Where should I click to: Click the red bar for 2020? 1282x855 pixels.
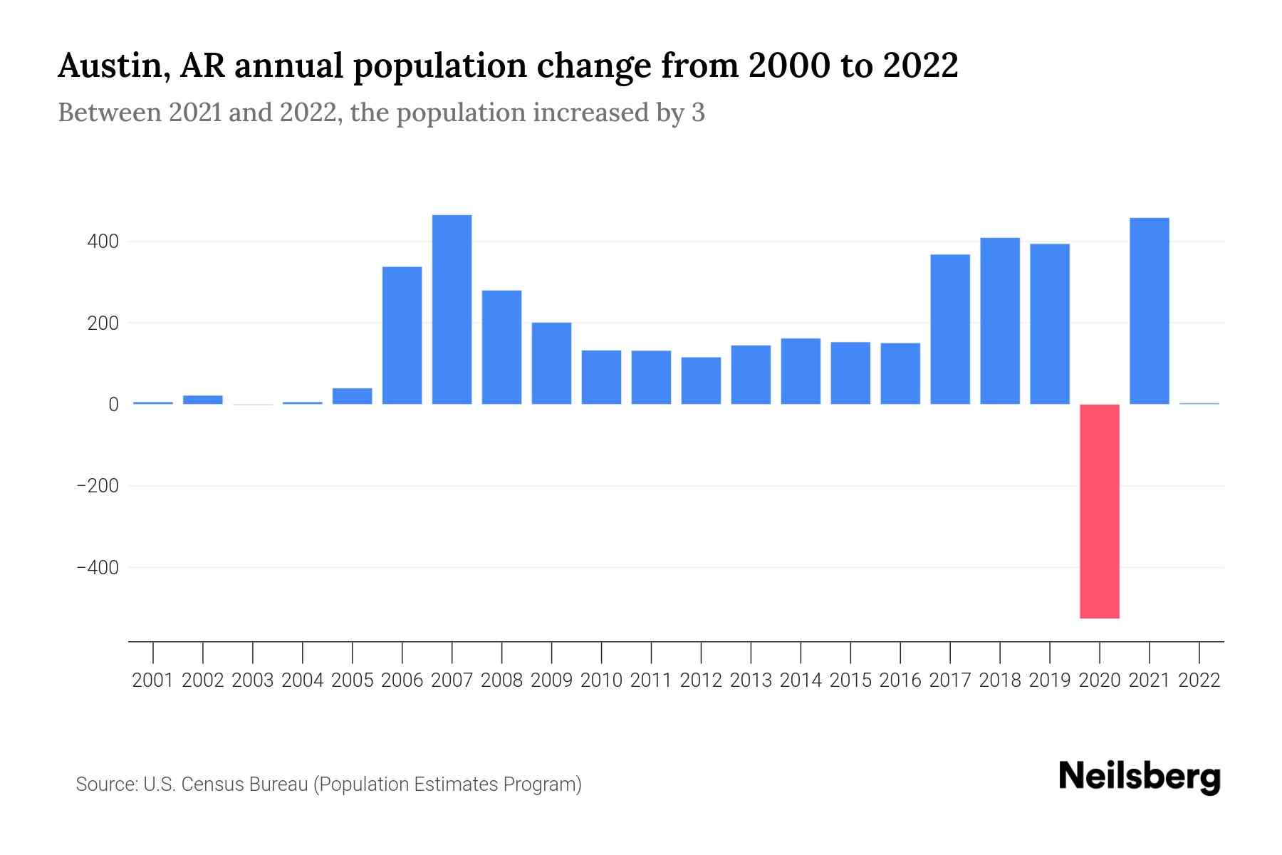coord(1100,511)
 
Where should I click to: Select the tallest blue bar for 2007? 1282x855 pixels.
coord(452,309)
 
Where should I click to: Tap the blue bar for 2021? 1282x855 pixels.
coord(1150,311)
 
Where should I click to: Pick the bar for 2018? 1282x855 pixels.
coord(1000,321)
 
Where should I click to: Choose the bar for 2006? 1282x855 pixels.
coord(402,335)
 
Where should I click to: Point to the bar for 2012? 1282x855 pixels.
coord(701,380)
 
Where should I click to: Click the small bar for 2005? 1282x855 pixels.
coord(353,396)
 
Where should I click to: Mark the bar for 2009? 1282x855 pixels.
coord(552,363)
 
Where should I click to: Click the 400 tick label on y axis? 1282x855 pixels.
coord(103,242)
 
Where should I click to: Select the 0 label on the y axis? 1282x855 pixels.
coord(113,405)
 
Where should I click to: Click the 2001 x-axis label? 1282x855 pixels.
coord(153,680)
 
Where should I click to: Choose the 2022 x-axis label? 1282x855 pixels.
coord(1199,680)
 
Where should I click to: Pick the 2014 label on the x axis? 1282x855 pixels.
coord(801,680)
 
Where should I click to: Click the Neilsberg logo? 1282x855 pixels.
coord(1140,777)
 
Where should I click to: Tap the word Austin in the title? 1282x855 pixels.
coord(112,66)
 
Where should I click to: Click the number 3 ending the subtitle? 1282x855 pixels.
coord(698,113)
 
